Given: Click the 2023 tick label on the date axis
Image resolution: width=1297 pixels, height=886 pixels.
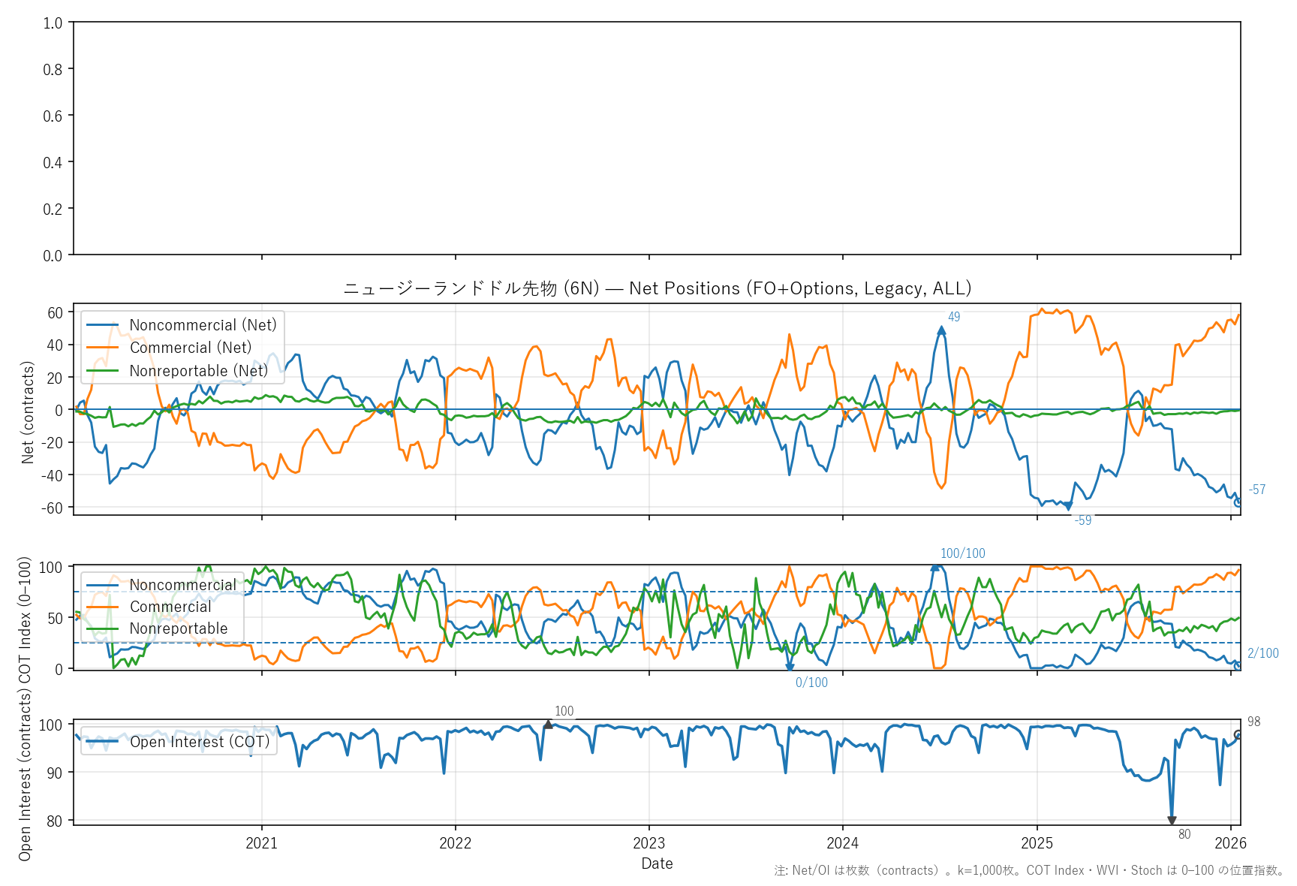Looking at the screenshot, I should click(x=648, y=843).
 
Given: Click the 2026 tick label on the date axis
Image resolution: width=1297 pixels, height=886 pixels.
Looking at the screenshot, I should click(x=1230, y=843).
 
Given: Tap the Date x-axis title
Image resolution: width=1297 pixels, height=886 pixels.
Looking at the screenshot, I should click(x=657, y=863).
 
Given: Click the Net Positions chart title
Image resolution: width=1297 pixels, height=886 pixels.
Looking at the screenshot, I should click(x=657, y=288).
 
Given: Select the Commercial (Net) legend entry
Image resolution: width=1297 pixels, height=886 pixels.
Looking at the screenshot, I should click(x=190, y=348).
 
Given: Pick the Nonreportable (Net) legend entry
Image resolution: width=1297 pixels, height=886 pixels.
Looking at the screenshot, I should click(x=198, y=371).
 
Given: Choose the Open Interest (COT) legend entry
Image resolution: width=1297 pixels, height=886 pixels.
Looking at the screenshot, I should click(x=199, y=742).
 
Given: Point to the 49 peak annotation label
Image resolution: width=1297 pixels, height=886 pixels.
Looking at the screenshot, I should click(x=954, y=317).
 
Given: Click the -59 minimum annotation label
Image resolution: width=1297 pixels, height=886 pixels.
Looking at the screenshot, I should click(x=1083, y=520).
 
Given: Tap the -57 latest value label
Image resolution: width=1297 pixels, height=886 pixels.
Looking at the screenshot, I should click(x=1257, y=490).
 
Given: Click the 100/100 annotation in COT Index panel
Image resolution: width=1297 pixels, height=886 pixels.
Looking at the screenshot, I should click(x=962, y=553).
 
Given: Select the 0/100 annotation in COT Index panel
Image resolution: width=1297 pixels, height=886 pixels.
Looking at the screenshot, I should click(x=811, y=683).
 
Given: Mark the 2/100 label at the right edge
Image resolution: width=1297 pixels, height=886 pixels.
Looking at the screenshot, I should click(x=1262, y=653).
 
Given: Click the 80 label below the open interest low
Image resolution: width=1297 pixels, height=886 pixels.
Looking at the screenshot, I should click(x=1184, y=834).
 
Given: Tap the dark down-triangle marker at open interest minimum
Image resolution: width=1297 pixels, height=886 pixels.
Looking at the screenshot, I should click(x=1172, y=821).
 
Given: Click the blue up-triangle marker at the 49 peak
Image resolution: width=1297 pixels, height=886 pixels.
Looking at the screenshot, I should click(x=941, y=330).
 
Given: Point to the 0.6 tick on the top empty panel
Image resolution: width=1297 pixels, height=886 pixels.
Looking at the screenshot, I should click(x=53, y=116).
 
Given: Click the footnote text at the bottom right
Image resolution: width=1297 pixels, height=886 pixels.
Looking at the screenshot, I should click(x=1029, y=870).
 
